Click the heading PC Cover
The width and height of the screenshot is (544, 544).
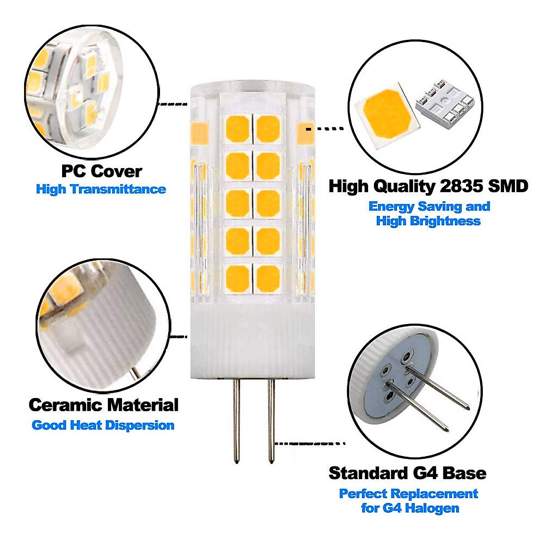click(102, 171)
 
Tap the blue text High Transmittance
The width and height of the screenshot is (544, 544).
click(101, 189)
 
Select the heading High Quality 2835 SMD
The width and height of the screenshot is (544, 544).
click(428, 186)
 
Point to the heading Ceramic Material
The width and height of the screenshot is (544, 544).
click(103, 405)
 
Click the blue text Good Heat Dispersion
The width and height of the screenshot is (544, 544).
click(103, 425)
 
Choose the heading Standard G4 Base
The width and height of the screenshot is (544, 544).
click(407, 473)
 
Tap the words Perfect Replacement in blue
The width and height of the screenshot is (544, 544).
click(408, 493)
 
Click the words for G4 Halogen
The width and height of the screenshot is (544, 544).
click(410, 508)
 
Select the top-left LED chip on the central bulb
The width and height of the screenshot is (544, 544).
click(238, 129)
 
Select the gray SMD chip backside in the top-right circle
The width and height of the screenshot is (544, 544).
click(442, 108)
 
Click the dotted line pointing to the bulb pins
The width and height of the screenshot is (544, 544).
click(311, 443)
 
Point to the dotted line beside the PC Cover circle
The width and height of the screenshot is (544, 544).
click(173, 104)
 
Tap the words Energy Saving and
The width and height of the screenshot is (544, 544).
click(429, 206)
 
